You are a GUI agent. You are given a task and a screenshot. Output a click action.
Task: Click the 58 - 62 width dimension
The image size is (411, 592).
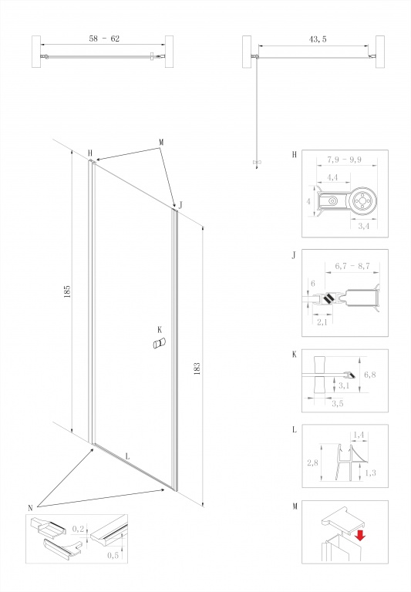point(104,39)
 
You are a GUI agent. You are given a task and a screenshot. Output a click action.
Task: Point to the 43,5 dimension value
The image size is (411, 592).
point(318,39)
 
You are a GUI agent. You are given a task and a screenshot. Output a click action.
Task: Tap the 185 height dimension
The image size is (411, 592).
point(67,291)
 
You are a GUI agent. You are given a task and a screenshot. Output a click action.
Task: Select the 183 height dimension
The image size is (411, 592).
point(197,368)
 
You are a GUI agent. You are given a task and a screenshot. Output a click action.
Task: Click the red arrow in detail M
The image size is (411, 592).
point(360,535)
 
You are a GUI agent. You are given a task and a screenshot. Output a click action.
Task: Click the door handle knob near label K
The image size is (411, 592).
point(160,343)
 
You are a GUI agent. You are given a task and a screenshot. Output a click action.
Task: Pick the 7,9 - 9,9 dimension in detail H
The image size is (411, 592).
point(344,160)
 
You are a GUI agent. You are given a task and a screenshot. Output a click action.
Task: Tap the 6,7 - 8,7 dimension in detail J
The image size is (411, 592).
point(352,266)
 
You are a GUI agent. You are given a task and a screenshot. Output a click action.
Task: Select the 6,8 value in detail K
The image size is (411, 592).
point(370,375)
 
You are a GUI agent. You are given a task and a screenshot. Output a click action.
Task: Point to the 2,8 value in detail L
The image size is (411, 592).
point(312,462)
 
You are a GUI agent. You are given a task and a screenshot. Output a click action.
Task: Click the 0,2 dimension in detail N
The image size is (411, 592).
point(78,529)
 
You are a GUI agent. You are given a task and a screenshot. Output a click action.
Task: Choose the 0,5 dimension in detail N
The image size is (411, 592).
point(113,555)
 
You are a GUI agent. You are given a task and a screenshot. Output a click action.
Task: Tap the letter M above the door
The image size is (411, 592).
point(161,143)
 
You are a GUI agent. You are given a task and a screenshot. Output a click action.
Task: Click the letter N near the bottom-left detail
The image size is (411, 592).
point(30,508)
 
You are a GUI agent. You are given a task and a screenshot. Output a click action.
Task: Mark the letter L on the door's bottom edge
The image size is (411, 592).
point(127,456)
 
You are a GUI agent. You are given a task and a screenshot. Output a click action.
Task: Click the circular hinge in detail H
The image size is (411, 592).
point(363,201)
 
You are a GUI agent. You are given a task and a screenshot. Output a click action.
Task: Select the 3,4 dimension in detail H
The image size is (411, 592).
point(363,227)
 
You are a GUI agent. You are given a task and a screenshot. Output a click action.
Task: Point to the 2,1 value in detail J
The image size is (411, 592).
point(322,322)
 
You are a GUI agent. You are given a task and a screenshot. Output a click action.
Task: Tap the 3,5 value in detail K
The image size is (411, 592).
point(337,404)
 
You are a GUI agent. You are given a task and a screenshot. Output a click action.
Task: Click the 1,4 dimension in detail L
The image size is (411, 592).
point(358,436)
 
